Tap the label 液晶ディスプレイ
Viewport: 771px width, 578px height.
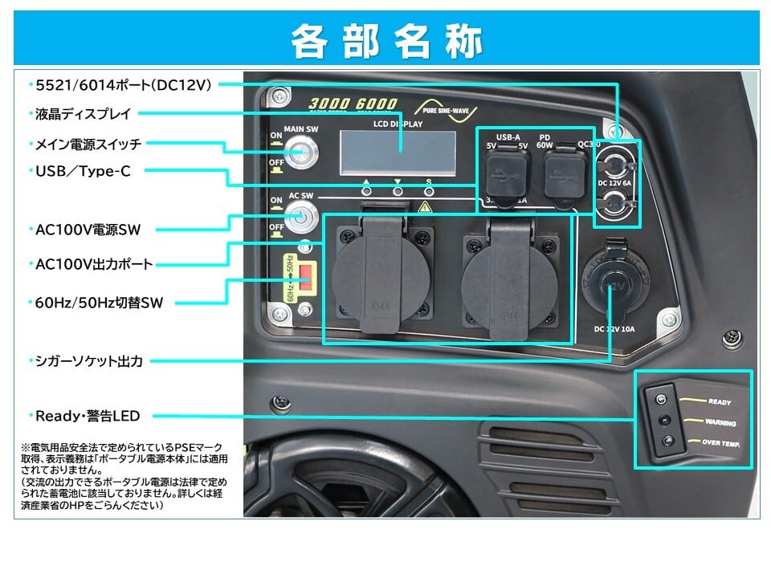83,114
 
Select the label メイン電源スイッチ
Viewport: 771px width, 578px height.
88,144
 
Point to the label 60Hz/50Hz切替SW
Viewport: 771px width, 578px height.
100,303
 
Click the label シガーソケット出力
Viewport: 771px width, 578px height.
89,361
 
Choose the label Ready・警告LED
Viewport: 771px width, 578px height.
88,416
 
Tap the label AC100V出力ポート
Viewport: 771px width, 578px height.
95,263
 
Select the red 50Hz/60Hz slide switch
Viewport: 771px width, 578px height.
305,277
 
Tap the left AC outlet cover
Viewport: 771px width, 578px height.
377,277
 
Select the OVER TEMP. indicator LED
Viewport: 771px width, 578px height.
667,439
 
